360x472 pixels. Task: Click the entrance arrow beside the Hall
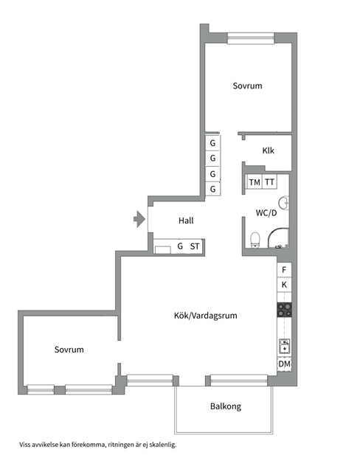pos(139,219)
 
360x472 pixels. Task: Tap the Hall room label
pos(186,221)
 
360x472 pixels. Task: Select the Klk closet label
pos(268,150)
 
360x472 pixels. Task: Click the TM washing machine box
pos(255,182)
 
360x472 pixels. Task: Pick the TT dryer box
pos(269,182)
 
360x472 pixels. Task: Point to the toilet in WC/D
pos(255,240)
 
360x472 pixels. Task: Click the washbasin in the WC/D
pos(284,203)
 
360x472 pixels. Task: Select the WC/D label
pos(266,213)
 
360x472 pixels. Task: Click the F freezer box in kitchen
pos(284,270)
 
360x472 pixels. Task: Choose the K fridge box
pos(284,285)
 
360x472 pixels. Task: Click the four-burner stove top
pos(284,310)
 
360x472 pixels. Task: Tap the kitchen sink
pos(285,346)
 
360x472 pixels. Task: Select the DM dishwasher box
pos(284,364)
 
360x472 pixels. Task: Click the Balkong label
pos(226,406)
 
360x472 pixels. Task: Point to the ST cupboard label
pos(195,246)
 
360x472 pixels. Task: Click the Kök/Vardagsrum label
pos(206,316)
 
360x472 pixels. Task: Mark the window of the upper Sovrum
pos(251,38)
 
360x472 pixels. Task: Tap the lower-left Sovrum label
pos(69,350)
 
